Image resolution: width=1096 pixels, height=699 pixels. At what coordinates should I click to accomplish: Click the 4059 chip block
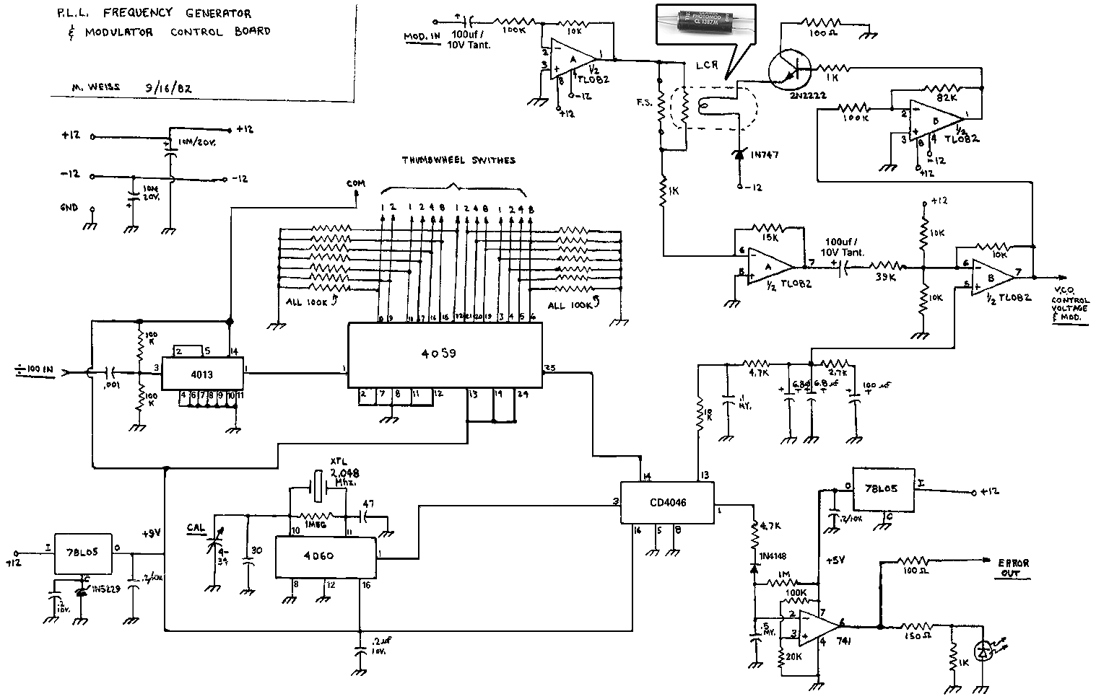click(445, 356)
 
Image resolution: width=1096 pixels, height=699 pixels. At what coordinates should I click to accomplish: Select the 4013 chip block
click(202, 374)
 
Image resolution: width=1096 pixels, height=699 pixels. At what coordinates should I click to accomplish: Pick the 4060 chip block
click(326, 557)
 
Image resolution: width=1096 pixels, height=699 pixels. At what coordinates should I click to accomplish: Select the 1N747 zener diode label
click(765, 154)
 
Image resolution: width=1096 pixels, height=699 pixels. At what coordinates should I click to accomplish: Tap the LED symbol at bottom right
click(983, 650)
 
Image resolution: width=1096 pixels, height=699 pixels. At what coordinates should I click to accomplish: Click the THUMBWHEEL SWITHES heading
click(458, 160)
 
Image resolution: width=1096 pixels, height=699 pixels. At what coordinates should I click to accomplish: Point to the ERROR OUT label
click(1014, 568)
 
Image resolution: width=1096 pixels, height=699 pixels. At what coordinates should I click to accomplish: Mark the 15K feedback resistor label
click(770, 237)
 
